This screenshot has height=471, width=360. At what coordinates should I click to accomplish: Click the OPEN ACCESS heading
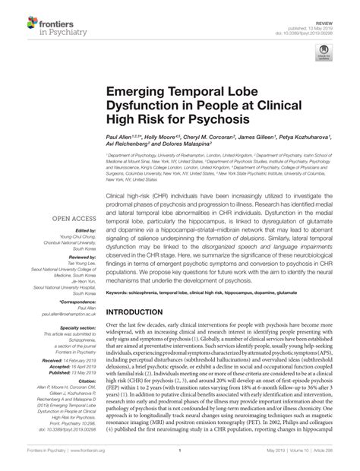73,218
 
